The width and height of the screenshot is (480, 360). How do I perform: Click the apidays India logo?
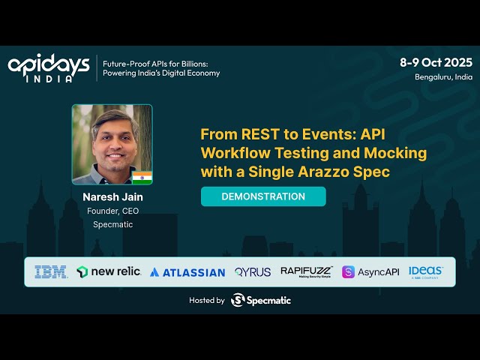coord(49,67)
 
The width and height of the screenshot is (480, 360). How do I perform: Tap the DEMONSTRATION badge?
coord(263,196)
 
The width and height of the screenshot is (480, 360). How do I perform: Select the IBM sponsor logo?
coord(51,271)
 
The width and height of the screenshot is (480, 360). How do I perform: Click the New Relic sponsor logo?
coord(109,271)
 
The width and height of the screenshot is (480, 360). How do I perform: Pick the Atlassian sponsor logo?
coord(187,272)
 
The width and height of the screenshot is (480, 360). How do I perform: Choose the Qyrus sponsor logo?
coord(253,272)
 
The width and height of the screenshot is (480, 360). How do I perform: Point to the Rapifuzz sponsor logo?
coord(306,271)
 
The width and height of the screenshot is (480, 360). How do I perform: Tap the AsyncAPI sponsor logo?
coord(370,271)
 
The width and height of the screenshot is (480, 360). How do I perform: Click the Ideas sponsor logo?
coord(426,271)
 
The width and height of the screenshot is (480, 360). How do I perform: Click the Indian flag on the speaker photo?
coord(142,177)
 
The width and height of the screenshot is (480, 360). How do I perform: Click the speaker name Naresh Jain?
coord(112,196)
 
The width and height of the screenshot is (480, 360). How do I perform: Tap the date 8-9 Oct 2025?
coord(436,62)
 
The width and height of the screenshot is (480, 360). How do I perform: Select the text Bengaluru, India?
coord(443,76)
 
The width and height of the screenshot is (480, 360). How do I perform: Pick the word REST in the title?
coord(255,135)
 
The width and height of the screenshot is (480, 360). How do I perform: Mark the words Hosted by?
coord(207,300)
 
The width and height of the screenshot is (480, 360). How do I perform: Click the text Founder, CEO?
coord(112,211)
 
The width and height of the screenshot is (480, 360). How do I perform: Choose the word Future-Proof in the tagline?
coord(125,63)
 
